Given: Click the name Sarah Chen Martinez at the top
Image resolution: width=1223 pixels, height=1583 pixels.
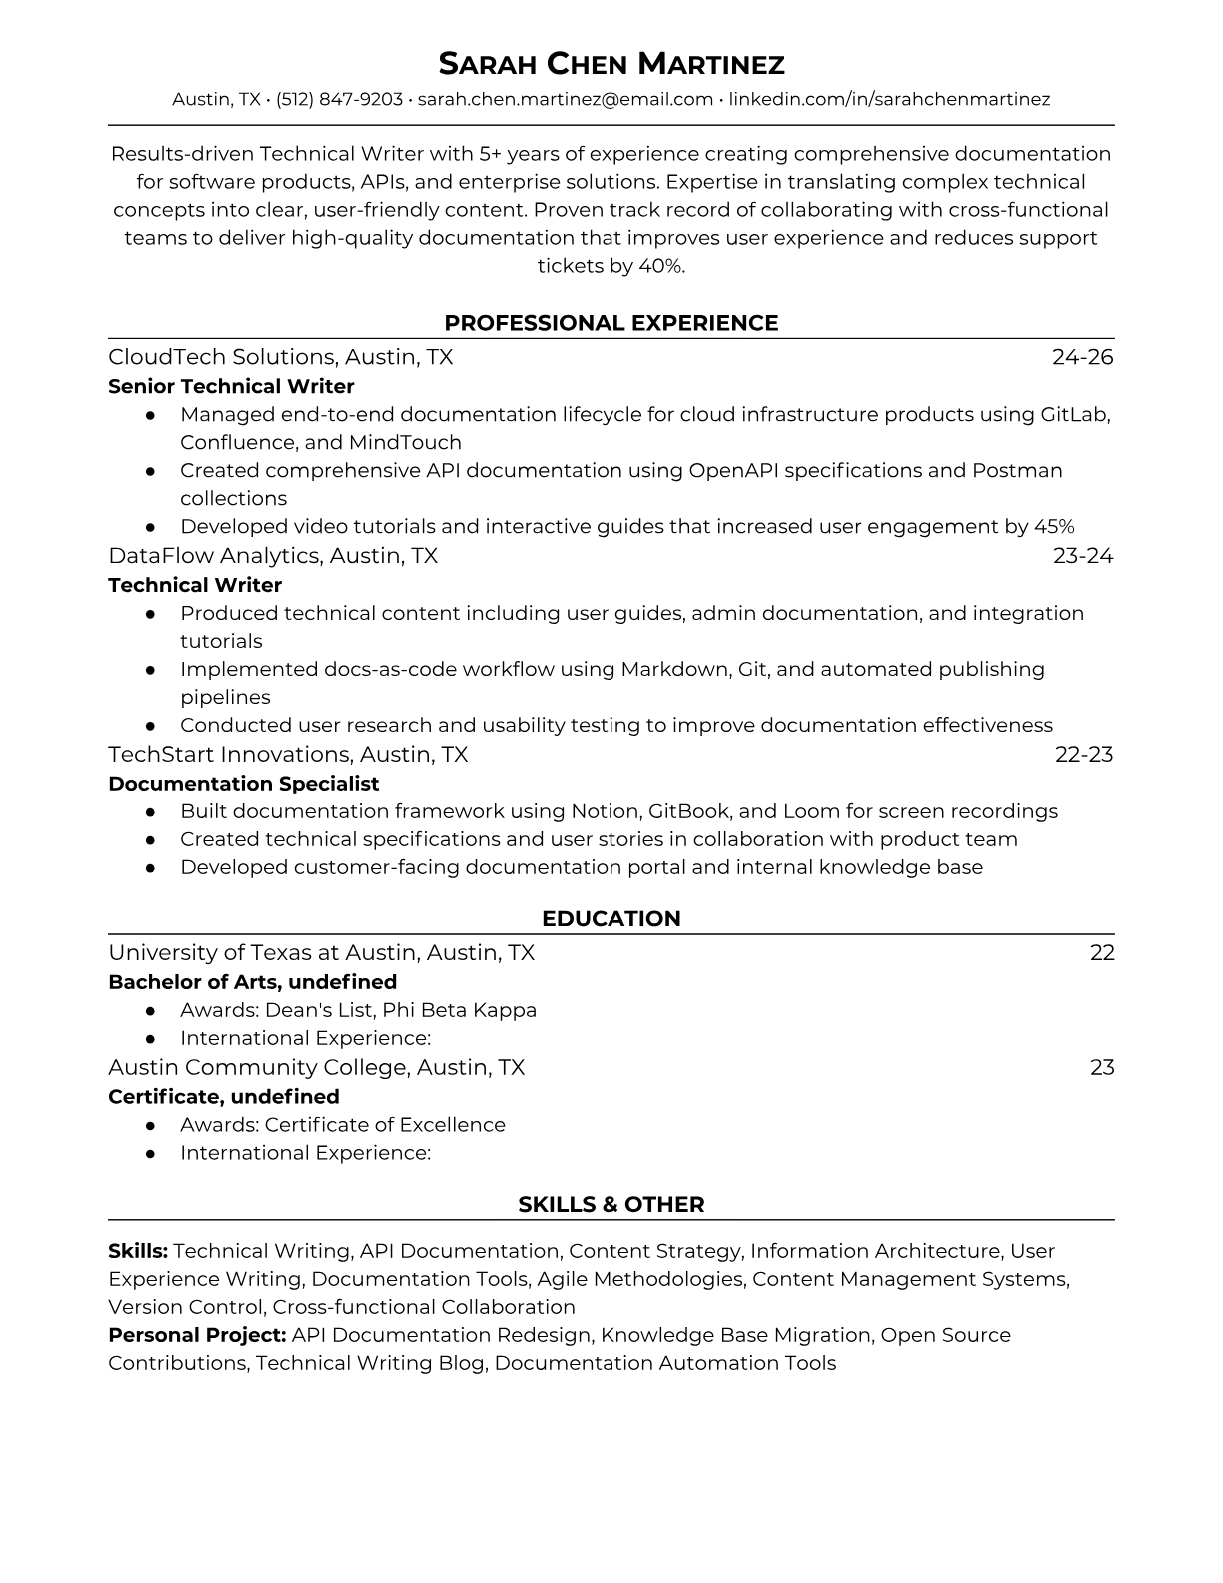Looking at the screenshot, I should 611,65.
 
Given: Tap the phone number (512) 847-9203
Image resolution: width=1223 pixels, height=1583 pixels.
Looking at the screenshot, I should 339,99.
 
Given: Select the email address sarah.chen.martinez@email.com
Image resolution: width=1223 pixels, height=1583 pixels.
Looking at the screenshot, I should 565,99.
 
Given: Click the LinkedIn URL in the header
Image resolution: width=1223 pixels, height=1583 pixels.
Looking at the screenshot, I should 889,99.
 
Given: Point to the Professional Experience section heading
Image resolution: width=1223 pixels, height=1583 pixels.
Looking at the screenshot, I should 611,323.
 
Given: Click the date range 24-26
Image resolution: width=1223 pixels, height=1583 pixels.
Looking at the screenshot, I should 1082,357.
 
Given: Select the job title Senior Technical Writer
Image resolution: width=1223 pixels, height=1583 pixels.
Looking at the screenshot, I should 231,386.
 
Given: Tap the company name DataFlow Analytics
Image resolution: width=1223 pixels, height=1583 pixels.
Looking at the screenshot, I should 214,555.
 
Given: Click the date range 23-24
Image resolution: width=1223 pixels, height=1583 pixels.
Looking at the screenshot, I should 1082,555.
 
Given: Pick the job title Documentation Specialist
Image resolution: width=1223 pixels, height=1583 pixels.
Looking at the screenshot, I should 243,784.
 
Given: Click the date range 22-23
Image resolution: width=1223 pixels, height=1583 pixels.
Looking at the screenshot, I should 1083,754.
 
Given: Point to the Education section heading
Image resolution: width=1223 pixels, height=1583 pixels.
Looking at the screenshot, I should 611,919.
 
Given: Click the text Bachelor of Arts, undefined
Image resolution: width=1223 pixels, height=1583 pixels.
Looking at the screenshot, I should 252,982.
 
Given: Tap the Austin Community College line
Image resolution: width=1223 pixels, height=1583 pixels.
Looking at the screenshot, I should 316,1067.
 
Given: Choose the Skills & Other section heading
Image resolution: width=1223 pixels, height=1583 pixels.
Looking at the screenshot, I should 611,1205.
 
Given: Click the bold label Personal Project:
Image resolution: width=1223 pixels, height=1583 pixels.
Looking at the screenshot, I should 197,1335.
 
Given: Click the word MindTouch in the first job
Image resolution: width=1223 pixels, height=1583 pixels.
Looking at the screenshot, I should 405,442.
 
